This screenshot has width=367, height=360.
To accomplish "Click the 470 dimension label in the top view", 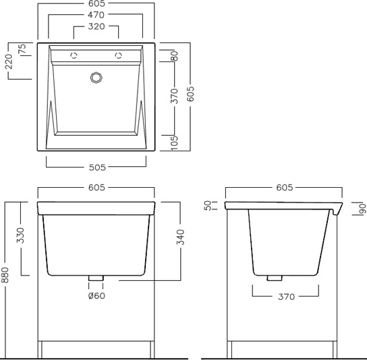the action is pos(96,15).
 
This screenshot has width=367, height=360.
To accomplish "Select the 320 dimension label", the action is pos(96,26).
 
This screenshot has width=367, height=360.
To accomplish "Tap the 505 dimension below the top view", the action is pos(97,168).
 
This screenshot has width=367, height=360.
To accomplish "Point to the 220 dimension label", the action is pos(9,61).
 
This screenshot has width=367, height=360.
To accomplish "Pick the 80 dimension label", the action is pos(174,56).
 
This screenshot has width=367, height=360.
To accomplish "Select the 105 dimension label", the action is pos(174,143).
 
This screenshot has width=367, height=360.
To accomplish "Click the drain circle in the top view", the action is pos(96,78).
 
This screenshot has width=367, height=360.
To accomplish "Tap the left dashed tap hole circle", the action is pos(74,55).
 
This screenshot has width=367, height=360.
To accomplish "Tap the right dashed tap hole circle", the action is pos(119,55).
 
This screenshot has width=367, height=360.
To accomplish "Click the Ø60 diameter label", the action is pos(96,296).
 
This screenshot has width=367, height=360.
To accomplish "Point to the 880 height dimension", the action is pos(5,275).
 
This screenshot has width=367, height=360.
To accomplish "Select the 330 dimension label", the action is pos(20,235).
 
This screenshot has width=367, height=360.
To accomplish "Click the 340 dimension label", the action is pos(180,237).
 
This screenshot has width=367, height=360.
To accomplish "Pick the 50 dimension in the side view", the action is pos(208,205).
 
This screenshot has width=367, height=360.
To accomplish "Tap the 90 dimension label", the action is pos(362,208).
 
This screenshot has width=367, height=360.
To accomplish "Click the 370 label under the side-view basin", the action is pos(286,297).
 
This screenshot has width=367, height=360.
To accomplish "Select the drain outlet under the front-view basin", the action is pos(96,278).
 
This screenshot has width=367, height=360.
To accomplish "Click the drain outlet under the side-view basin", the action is pos(275,278).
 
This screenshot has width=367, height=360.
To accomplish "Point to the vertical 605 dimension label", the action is pos(190,94).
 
